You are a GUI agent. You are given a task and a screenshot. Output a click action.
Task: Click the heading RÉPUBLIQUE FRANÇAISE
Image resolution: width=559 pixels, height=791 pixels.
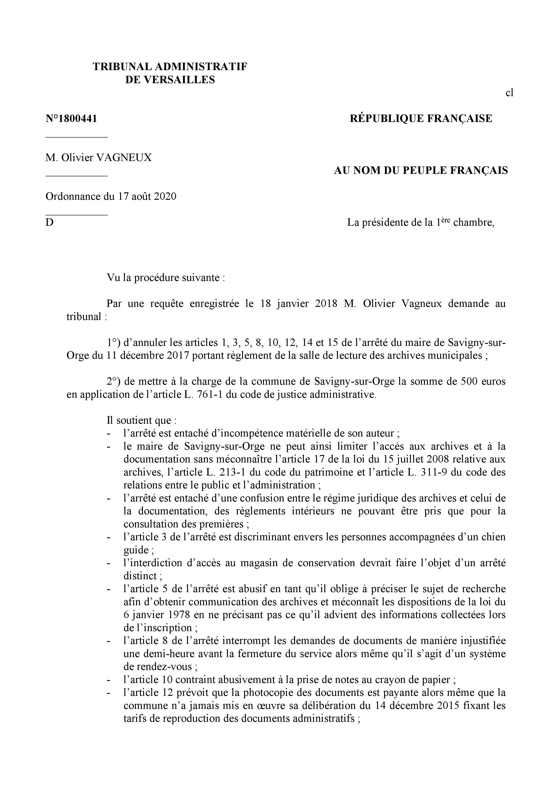click(x=421, y=119)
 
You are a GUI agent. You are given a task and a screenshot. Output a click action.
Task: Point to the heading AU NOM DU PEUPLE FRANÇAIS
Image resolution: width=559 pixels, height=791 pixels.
click(x=421, y=170)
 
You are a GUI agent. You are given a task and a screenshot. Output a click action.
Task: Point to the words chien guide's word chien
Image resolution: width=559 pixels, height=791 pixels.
click(x=492, y=537)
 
